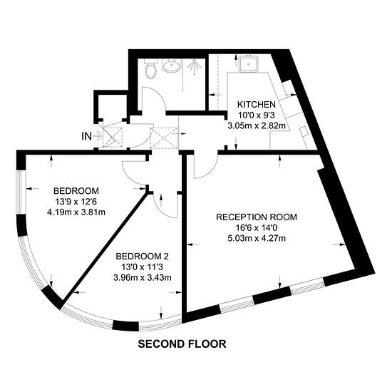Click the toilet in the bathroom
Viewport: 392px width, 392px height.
[150, 69]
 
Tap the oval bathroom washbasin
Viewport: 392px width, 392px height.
[171, 66]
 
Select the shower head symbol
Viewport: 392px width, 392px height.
[195, 67]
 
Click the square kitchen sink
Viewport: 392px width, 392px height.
[248, 63]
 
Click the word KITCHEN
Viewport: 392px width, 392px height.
[257, 104]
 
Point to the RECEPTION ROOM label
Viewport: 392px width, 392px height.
[257, 217]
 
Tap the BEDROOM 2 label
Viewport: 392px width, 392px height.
[142, 257]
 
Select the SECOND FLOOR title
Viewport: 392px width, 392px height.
[182, 344]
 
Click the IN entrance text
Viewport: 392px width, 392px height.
[86, 136]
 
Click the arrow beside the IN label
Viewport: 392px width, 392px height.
[98, 135]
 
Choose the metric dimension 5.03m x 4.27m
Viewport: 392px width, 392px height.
[257, 238]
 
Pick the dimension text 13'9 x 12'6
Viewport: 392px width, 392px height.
[76, 202]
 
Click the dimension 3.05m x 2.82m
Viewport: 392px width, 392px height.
[257, 125]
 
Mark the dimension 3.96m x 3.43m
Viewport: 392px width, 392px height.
[143, 277]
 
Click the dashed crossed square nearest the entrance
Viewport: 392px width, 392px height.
[113, 137]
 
